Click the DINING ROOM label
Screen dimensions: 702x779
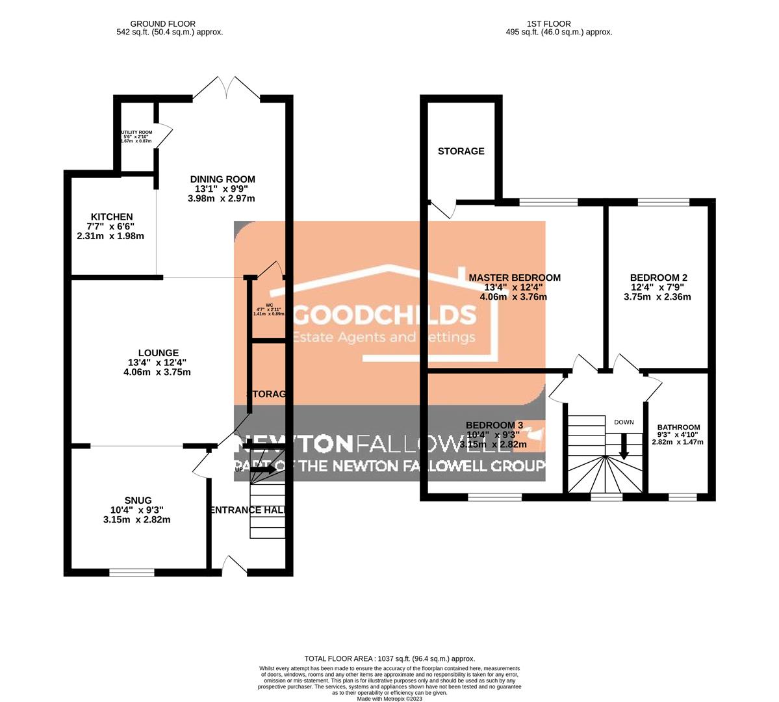coord(222,179)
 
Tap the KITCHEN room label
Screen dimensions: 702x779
coord(112,217)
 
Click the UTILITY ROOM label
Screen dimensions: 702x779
coord(136,132)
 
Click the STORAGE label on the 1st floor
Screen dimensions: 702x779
coord(461,151)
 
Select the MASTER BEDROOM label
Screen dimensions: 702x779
coord(515,278)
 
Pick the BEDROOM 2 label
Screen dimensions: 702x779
coord(657,278)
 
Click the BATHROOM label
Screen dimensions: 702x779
coord(678,428)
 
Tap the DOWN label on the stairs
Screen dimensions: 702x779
coord(624,422)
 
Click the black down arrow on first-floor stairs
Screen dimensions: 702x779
coord(624,447)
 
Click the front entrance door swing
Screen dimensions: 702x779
coord(231,564)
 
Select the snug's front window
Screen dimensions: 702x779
coord(132,573)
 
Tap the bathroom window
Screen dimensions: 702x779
coord(682,498)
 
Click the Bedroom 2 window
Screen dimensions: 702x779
coord(663,202)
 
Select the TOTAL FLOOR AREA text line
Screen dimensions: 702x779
coord(390,658)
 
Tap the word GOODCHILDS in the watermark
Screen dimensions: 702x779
coord(385,315)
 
